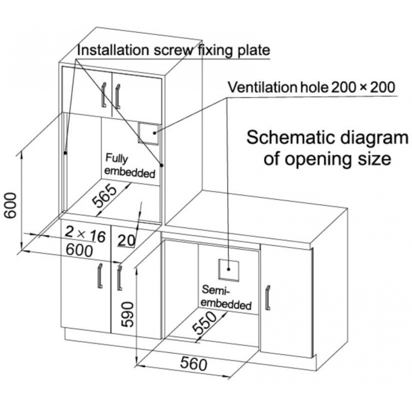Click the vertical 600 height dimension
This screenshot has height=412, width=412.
pyautogui.click(x=11, y=205)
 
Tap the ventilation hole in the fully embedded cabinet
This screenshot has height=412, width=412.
pyautogui.click(x=149, y=134)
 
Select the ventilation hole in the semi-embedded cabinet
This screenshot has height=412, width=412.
pyautogui.click(x=229, y=270)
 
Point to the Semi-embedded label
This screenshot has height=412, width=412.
pyautogui.click(x=226, y=298)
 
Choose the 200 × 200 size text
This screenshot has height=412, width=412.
pyautogui.click(x=363, y=88)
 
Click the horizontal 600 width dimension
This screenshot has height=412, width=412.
pyautogui.click(x=79, y=250)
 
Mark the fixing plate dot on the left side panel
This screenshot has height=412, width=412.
pyautogui.click(x=66, y=153)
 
